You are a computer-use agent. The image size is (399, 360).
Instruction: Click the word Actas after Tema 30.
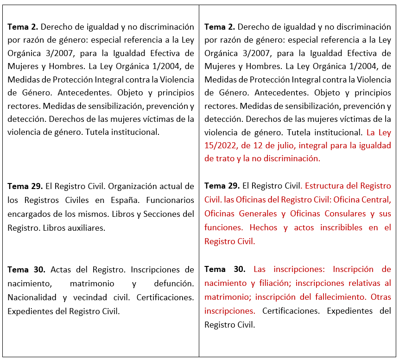tap(61, 269)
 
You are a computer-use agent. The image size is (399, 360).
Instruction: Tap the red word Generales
tap(258, 214)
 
